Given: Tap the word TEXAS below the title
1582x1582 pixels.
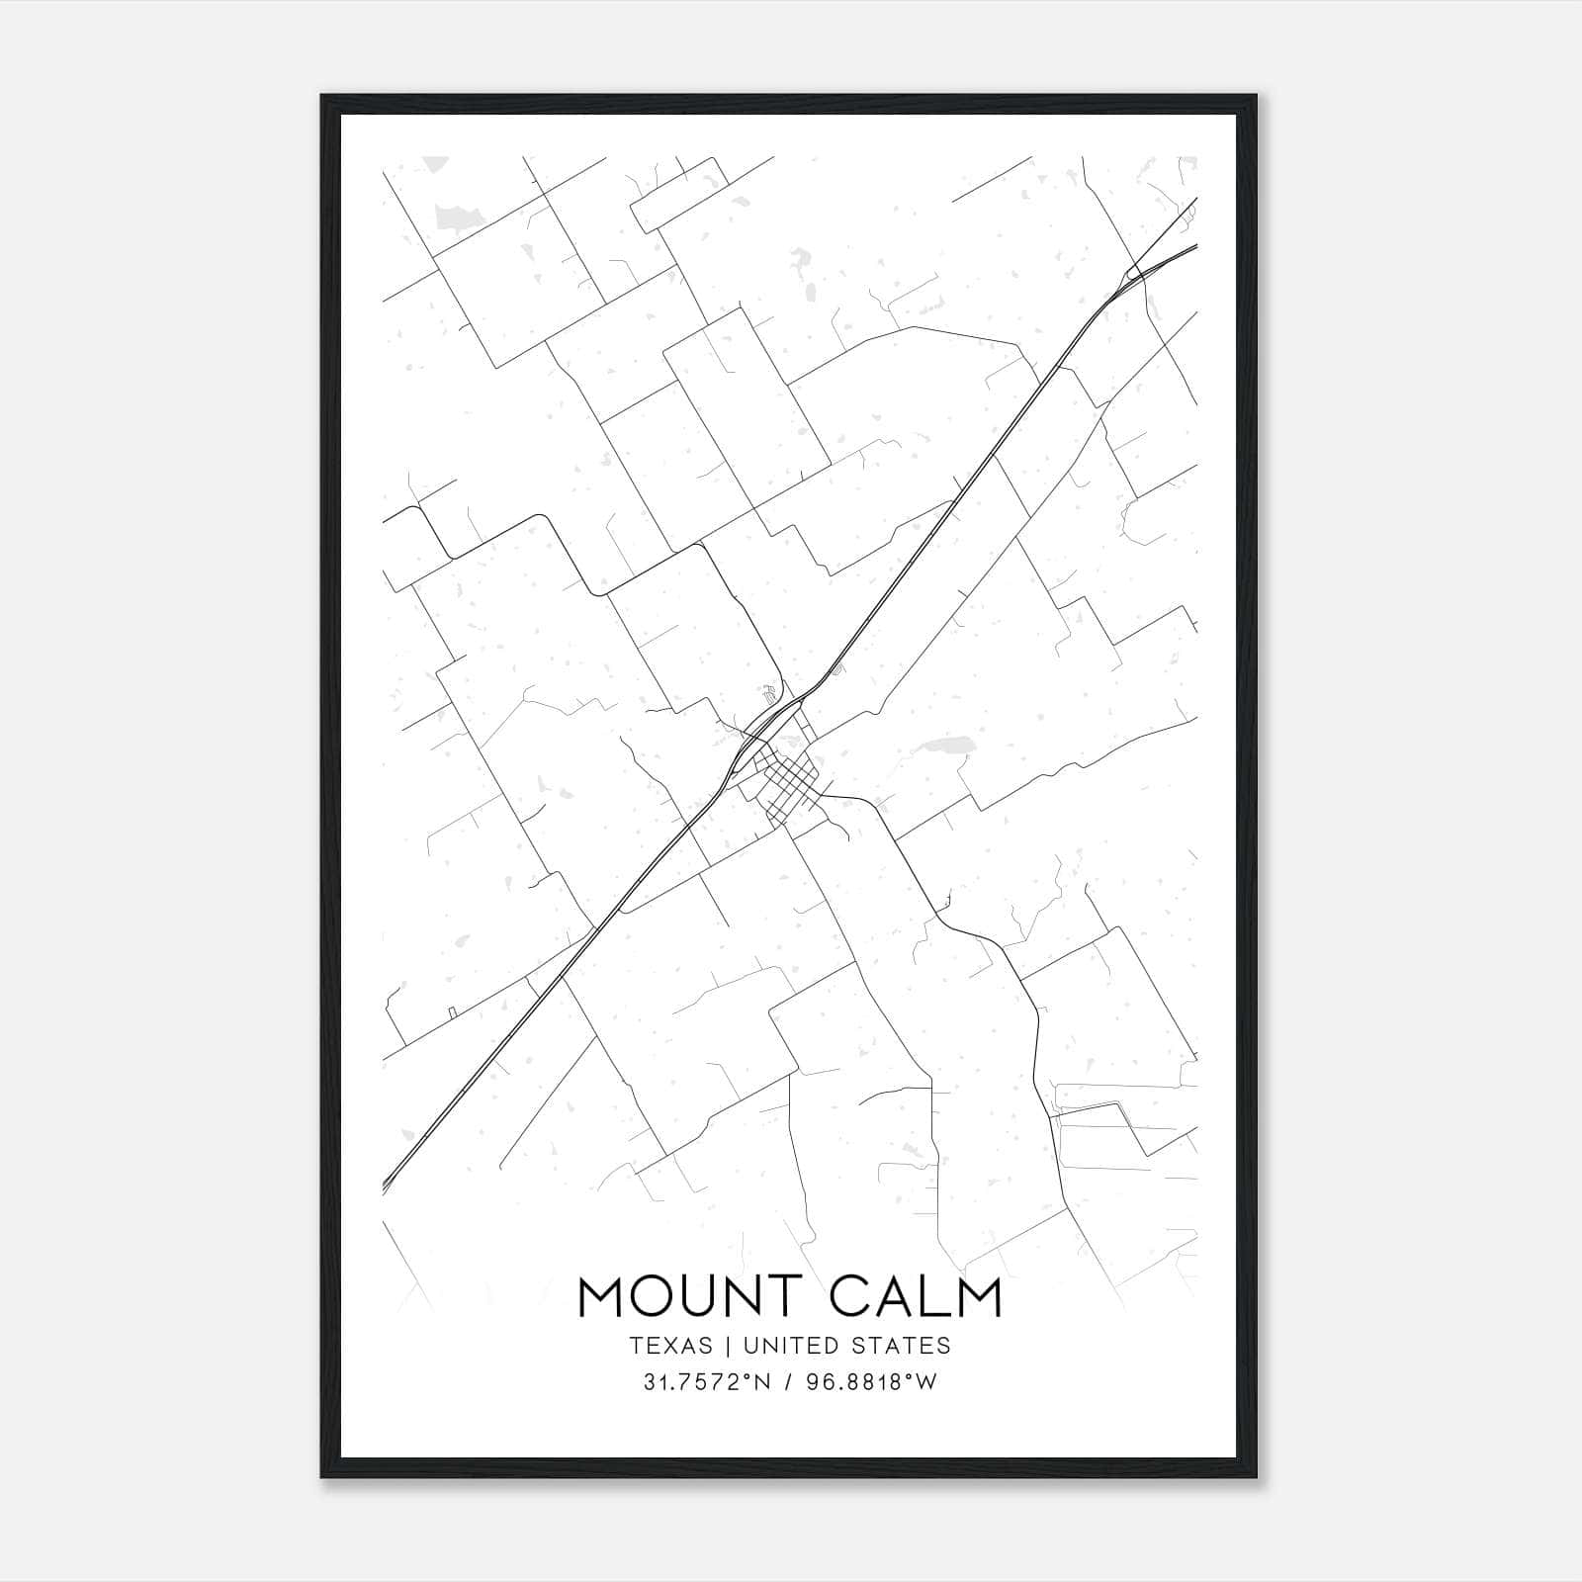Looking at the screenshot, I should click(x=670, y=1346).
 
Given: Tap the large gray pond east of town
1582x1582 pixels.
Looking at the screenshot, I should click(x=945, y=744).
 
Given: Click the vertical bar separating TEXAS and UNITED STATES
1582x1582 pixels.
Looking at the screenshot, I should click(x=728, y=1346).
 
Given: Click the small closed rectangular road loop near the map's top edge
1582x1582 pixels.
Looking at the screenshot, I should click(x=679, y=195).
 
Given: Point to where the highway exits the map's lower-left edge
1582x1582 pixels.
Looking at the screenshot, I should click(x=387, y=1186).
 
